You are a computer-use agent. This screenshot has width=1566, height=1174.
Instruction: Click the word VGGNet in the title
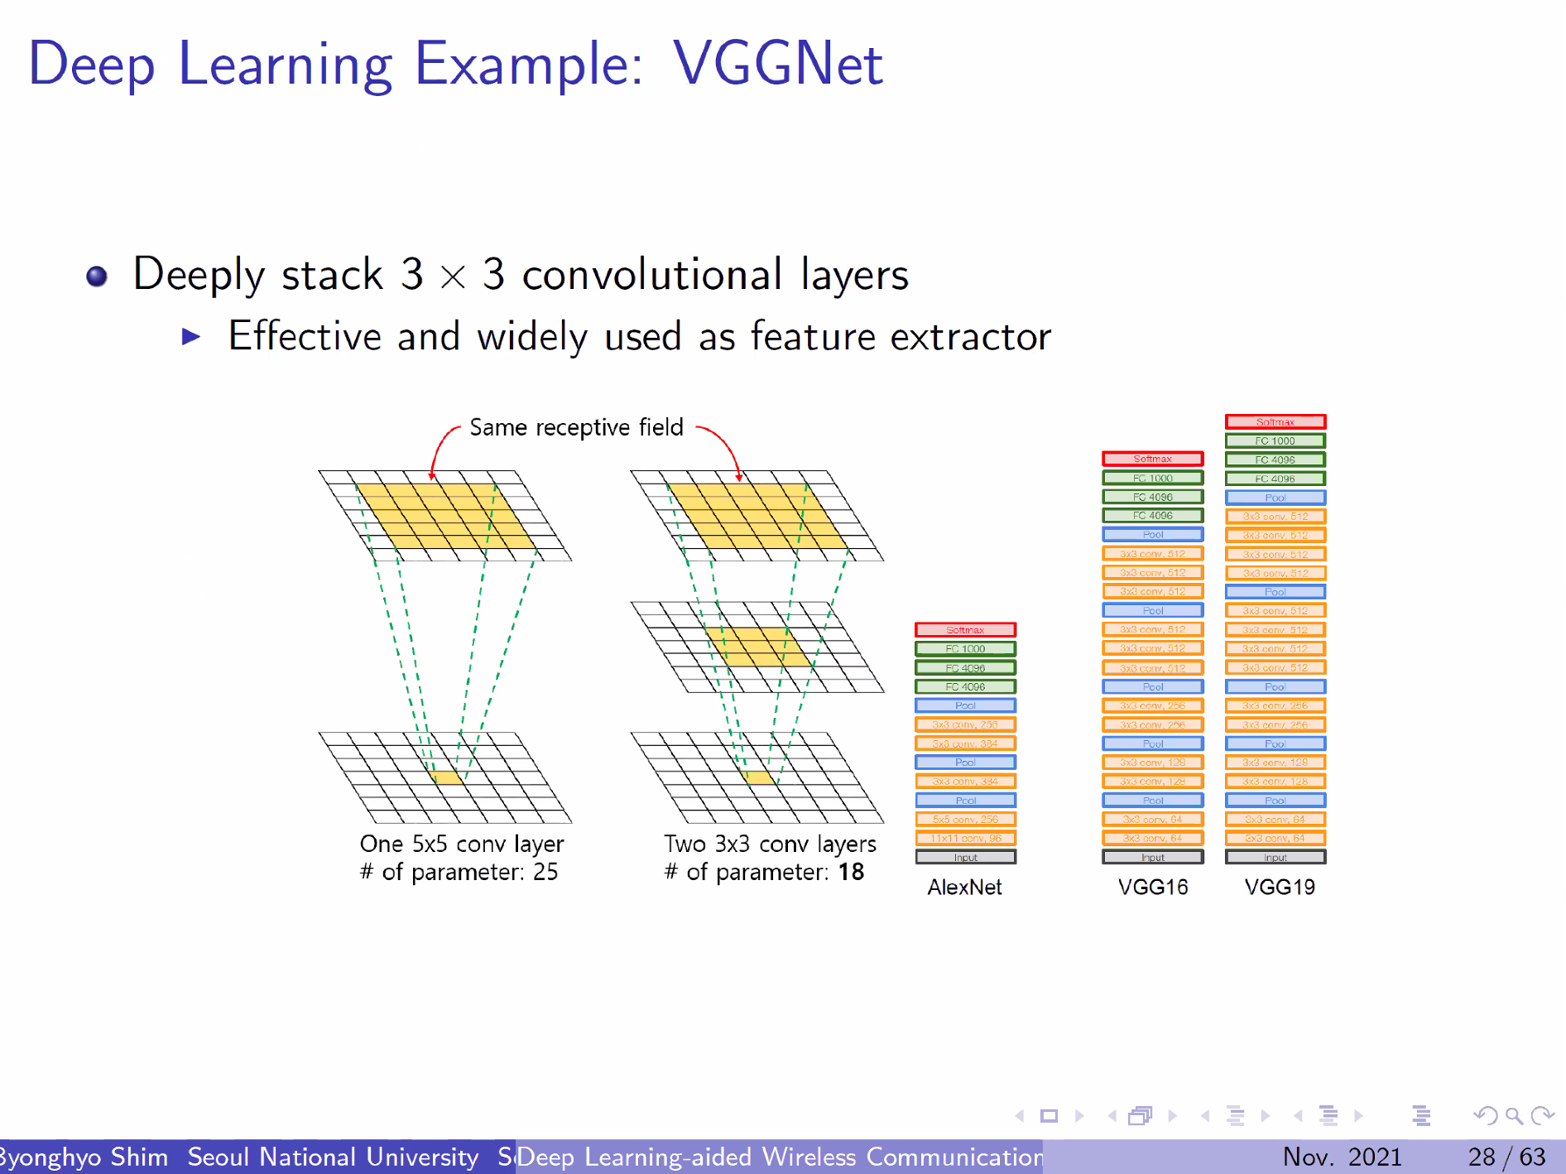pyautogui.click(x=777, y=64)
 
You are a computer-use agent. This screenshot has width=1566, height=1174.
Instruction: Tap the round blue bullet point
pyautogui.click(x=97, y=276)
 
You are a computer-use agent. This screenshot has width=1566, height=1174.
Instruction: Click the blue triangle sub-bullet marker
pyautogui.click(x=191, y=336)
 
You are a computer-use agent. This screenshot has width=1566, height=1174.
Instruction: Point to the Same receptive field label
pyautogui.click(x=576, y=427)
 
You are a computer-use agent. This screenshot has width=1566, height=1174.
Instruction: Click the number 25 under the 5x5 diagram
pyautogui.click(x=545, y=872)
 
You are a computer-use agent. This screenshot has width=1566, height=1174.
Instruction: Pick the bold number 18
pyautogui.click(x=851, y=872)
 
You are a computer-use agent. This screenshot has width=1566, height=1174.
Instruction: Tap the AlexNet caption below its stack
pyautogui.click(x=964, y=888)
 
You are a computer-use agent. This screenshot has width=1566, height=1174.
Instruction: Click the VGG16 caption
pyautogui.click(x=1153, y=888)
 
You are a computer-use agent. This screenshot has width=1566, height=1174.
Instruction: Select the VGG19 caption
pyautogui.click(x=1280, y=888)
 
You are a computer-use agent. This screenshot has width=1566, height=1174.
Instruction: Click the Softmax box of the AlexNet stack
pyautogui.click(x=965, y=630)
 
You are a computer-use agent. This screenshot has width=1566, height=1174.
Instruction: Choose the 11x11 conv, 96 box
pyautogui.click(x=965, y=839)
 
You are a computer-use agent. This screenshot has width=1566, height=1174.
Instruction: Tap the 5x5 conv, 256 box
pyautogui.click(x=965, y=820)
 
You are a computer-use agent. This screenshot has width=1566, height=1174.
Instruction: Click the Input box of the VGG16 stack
pyautogui.click(x=1153, y=858)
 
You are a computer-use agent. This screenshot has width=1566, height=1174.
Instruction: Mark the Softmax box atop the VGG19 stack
pyautogui.click(x=1275, y=422)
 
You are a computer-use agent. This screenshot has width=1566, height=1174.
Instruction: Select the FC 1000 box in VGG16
pyautogui.click(x=1153, y=478)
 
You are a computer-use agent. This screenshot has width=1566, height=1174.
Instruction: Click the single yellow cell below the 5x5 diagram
pyautogui.click(x=447, y=778)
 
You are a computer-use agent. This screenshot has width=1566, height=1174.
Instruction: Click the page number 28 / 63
pyautogui.click(x=1506, y=1157)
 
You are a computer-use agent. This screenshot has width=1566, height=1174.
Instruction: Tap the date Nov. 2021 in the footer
pyautogui.click(x=1342, y=1157)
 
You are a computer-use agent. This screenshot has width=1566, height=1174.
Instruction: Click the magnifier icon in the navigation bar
pyautogui.click(x=1514, y=1116)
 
